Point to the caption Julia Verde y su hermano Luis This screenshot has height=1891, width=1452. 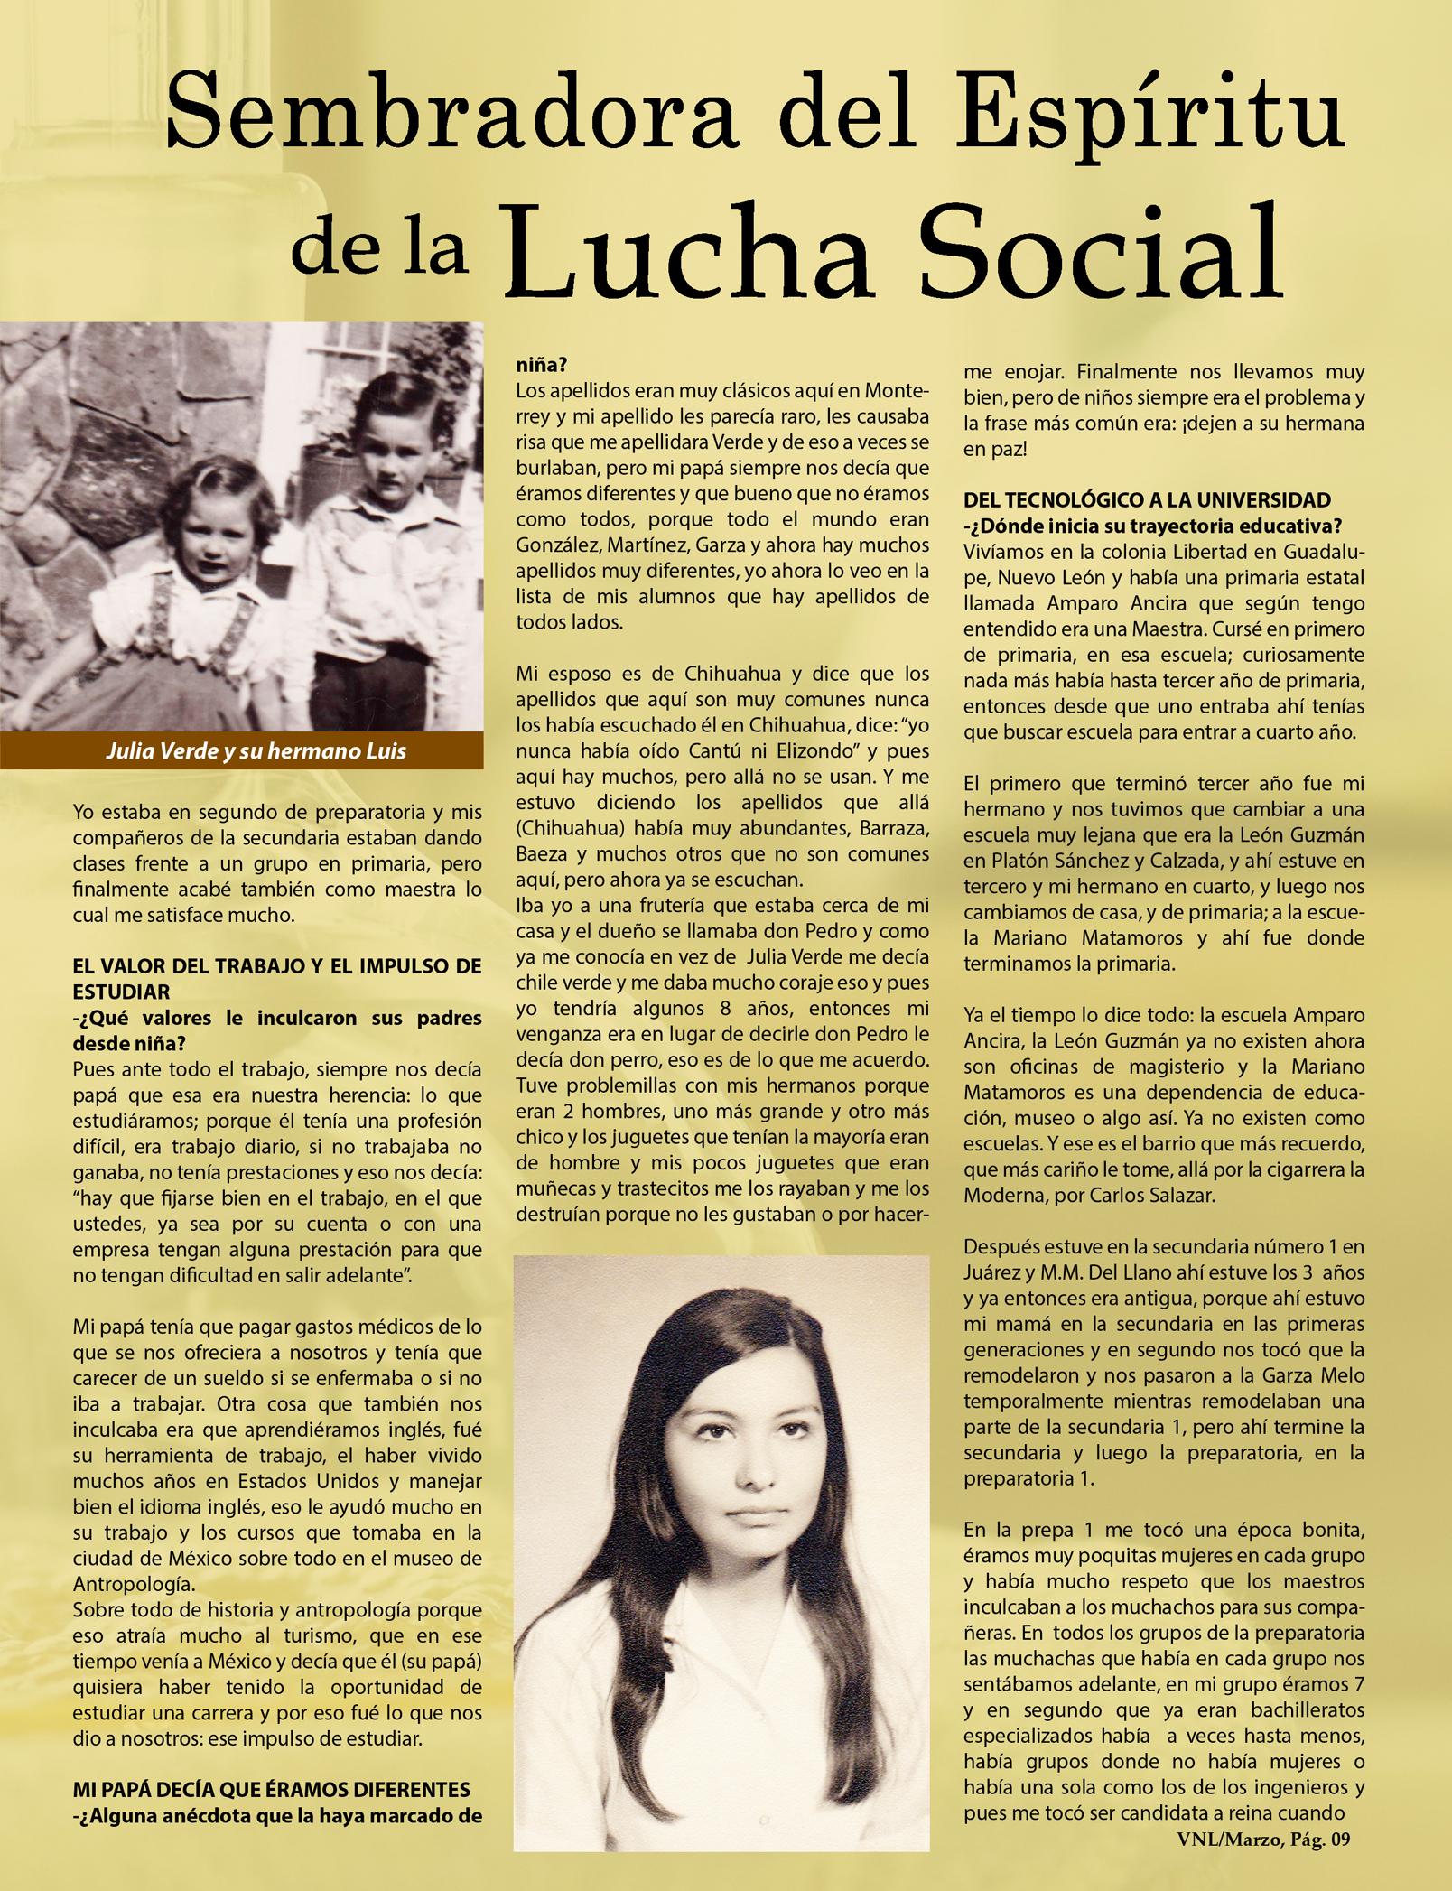256,751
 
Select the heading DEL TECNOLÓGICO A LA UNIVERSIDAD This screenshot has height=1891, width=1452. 1147,500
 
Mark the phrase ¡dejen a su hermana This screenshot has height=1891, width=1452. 1255,423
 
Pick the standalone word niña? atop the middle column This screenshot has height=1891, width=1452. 541,368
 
